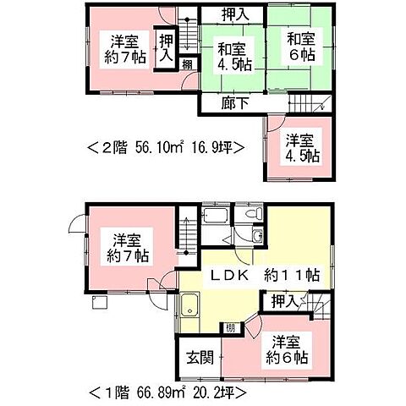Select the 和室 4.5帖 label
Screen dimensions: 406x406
pos(229,55)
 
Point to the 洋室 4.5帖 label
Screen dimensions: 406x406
pos(300,148)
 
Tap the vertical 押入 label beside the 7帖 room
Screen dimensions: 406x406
pos(167,47)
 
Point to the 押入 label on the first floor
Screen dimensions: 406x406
pos(283,300)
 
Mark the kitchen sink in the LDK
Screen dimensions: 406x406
pos(189,309)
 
